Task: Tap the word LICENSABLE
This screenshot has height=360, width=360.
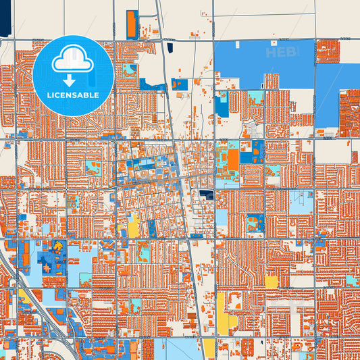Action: click(73, 95)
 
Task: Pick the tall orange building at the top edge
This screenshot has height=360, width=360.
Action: click(132, 24)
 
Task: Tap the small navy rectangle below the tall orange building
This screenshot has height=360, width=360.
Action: click(168, 48)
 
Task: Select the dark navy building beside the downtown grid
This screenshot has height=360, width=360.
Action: click(206, 195)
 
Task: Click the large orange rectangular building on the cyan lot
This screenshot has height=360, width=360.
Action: click(233, 160)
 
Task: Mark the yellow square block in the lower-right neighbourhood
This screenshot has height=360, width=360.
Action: click(271, 282)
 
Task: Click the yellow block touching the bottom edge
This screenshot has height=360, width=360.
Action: click(209, 349)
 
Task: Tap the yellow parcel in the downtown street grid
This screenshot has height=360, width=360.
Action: click(134, 225)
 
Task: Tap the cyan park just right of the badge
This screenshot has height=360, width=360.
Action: click(128, 70)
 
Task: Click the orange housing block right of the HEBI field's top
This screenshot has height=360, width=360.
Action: click(328, 51)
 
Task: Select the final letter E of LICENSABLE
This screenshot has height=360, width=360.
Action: click(97, 95)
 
